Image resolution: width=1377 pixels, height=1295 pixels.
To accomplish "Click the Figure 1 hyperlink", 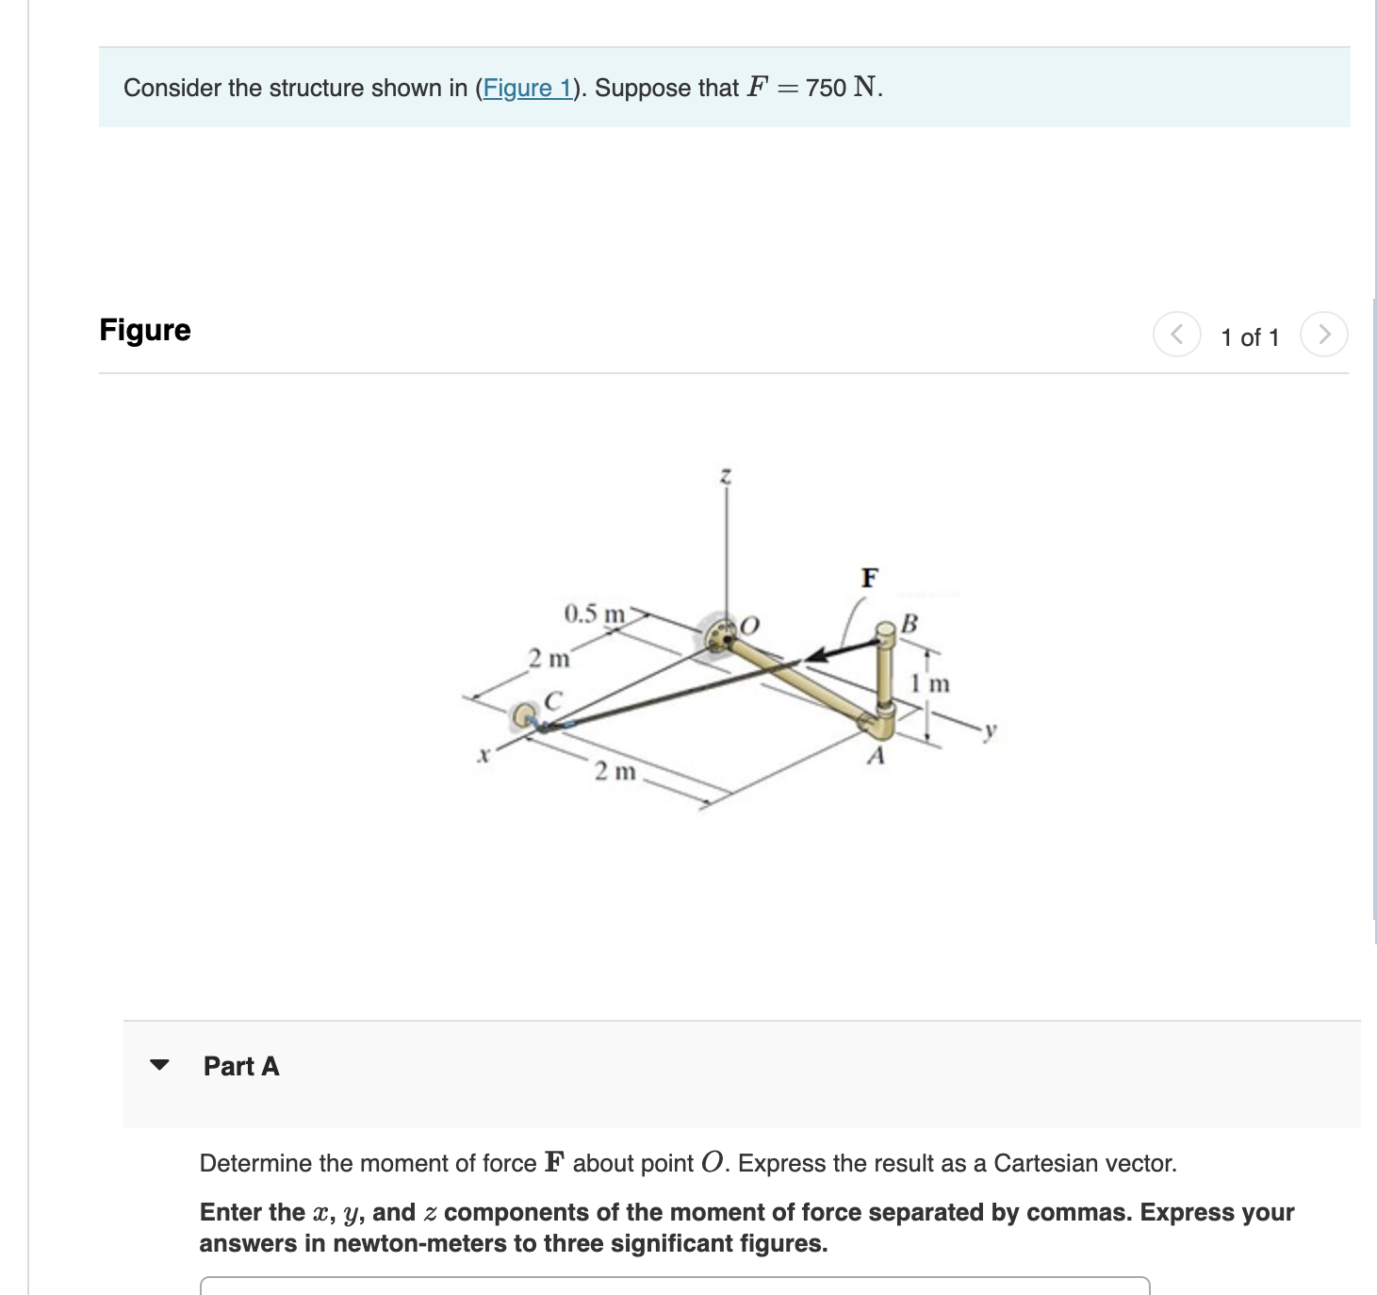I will point(527,89).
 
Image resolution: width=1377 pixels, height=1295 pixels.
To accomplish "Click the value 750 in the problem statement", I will point(826,89).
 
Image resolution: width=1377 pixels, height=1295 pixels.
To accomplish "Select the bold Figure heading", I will point(145,330).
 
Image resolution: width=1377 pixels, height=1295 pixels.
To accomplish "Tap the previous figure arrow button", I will point(1176,335).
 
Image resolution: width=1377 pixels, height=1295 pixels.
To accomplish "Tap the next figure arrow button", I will point(1323,335).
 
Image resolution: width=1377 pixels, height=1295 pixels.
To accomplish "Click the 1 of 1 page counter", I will point(1250,337).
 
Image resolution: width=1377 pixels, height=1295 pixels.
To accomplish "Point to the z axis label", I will point(725,477).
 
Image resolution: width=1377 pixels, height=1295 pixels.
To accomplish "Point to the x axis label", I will point(484,754).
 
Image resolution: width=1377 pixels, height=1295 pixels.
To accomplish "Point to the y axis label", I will point(989,731).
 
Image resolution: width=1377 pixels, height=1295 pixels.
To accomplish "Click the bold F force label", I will point(869,577).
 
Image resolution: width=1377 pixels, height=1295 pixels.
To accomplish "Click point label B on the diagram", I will point(909,623).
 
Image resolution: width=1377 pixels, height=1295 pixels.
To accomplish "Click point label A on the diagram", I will point(876,756).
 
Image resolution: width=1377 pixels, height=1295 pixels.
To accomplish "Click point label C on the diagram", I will point(553,701).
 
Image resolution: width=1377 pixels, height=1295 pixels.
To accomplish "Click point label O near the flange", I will point(750,625).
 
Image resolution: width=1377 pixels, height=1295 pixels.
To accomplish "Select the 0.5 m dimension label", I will point(594,615).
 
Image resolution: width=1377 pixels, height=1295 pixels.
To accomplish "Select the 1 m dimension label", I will point(929,683).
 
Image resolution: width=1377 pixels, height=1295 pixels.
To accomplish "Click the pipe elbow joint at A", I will point(880,725).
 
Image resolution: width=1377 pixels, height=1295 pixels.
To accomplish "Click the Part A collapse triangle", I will point(160,1065).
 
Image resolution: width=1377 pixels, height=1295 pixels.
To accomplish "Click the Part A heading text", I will point(241,1066).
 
